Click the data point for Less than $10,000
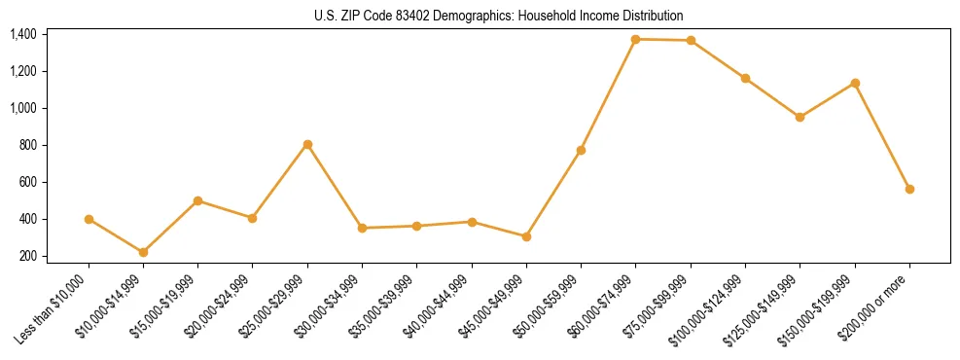(89, 219)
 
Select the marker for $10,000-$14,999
(143, 252)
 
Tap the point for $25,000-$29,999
(307, 144)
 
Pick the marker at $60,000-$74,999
(635, 39)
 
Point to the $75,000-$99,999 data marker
(691, 40)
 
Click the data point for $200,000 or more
(909, 189)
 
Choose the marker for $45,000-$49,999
(526, 236)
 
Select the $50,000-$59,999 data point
(581, 150)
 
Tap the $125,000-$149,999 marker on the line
(800, 117)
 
